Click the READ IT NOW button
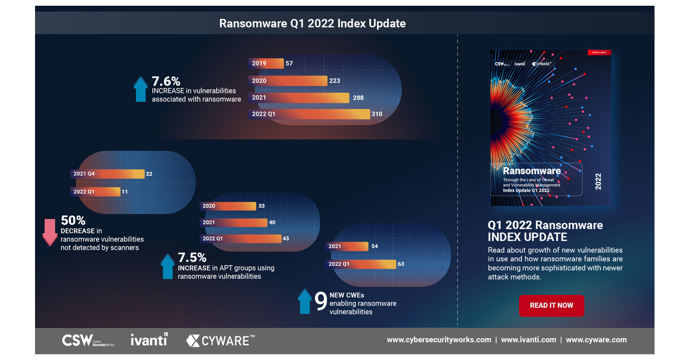[x=551, y=305]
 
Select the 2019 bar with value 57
[x=266, y=63]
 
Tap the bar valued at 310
[x=309, y=114]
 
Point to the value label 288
[x=358, y=98]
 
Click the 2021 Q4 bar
[x=107, y=174]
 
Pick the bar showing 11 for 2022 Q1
[x=95, y=191]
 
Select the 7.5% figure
[x=192, y=257]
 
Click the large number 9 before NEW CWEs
[x=321, y=301]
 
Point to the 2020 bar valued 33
[x=227, y=206]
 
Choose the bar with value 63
[x=361, y=264]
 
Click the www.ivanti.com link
[x=528, y=340]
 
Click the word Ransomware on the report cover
[x=532, y=171]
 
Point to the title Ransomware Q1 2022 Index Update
[x=312, y=24]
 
